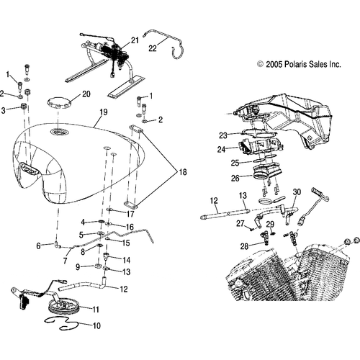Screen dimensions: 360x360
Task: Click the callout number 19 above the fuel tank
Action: [103, 112]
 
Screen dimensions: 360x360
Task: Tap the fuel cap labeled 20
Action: [59, 103]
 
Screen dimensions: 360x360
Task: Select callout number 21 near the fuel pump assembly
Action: [135, 40]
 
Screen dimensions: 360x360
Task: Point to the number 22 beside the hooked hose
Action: [153, 48]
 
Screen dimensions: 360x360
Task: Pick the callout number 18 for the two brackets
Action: [183, 172]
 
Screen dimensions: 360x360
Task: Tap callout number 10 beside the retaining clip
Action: [96, 325]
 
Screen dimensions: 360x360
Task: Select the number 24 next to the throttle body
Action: [222, 150]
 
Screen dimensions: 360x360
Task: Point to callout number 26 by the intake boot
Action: [235, 178]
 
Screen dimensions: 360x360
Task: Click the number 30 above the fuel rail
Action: [297, 192]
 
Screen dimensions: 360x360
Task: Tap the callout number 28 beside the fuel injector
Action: [244, 246]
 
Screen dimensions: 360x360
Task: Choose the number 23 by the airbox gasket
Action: [223, 135]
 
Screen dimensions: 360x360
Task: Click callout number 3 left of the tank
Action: [3, 111]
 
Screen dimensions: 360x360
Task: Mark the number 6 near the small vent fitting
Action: [38, 246]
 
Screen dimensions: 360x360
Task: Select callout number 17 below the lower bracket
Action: [130, 214]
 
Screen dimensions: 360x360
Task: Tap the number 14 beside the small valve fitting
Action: [126, 260]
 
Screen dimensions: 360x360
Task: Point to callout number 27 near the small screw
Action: [240, 223]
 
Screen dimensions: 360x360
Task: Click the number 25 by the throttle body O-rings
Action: [235, 163]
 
